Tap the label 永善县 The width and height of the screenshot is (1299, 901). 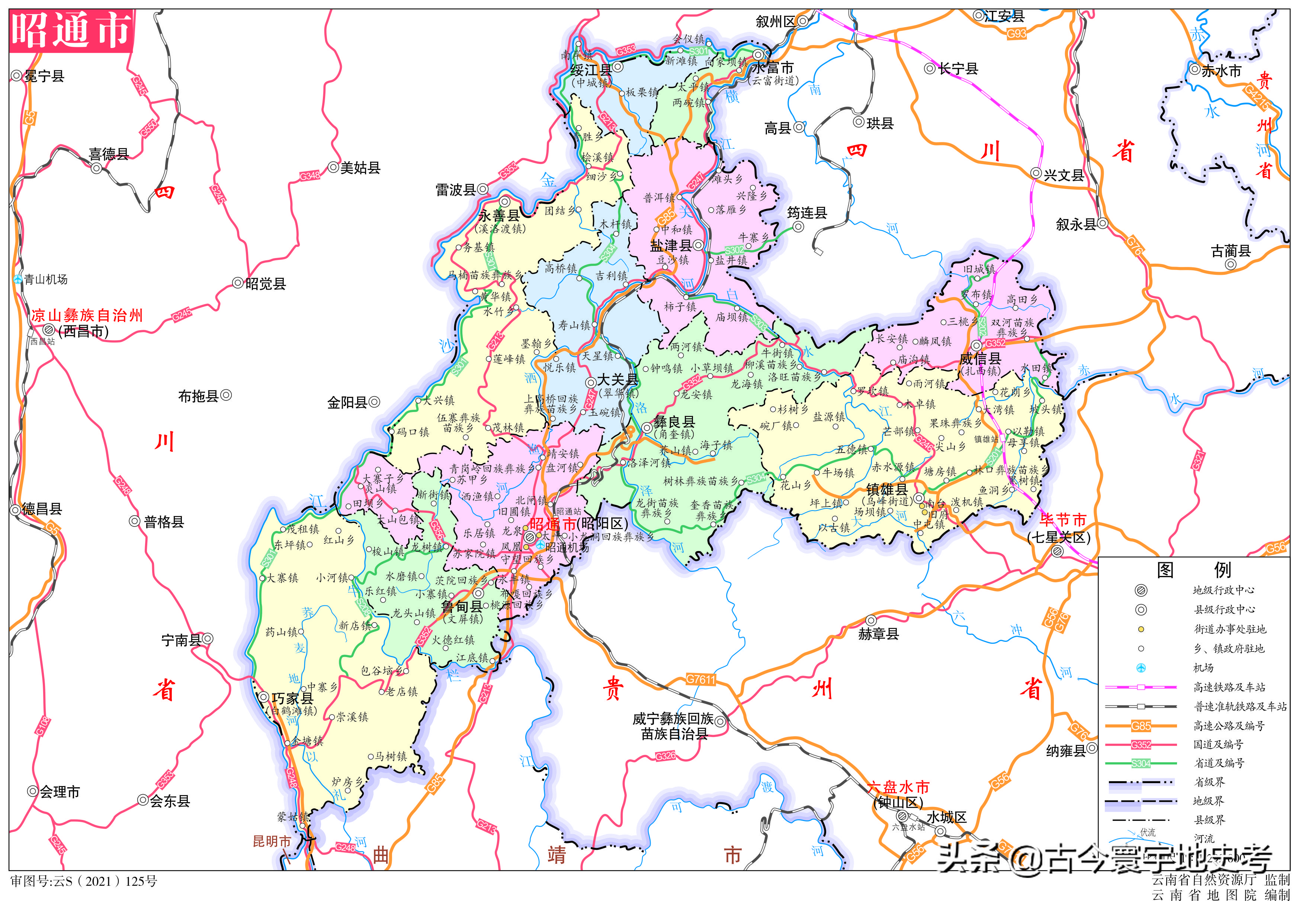point(499,216)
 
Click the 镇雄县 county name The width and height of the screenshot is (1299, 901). point(887,489)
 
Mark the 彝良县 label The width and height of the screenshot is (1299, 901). point(674,422)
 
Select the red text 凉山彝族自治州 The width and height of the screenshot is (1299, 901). point(87,316)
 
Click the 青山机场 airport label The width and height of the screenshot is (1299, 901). point(45,279)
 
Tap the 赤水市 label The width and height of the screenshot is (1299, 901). point(1221,71)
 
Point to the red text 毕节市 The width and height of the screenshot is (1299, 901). point(1062,519)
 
